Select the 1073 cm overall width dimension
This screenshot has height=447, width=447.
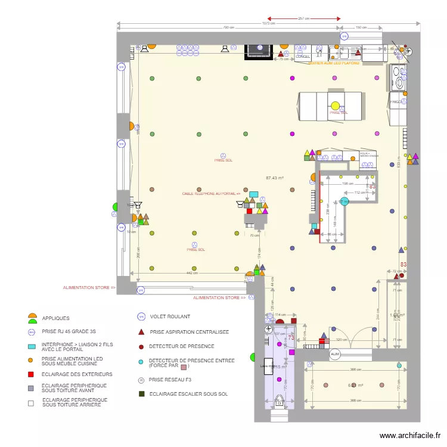point(269,24)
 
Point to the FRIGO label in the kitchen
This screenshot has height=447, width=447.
point(395,102)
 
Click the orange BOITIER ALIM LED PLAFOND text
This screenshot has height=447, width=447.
point(334,62)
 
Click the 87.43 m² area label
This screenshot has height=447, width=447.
point(274,178)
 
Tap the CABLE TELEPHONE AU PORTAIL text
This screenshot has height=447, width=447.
point(211,194)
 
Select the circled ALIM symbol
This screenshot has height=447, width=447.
point(335,354)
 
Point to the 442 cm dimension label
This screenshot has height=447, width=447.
point(191,273)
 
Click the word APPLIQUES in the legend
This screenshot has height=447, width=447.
point(55,318)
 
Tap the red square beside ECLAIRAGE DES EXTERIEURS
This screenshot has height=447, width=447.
point(30,374)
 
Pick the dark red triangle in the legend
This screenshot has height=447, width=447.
point(141,331)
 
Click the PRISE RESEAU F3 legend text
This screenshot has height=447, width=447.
point(171,379)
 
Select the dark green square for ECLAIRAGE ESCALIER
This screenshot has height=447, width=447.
point(141,393)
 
